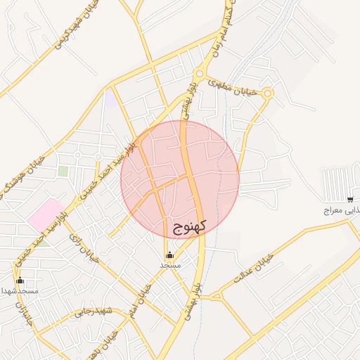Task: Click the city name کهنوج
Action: tap(189, 227)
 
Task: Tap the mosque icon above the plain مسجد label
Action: tap(169, 255)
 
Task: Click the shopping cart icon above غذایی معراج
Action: tap(350, 200)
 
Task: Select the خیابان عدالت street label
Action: tap(252, 269)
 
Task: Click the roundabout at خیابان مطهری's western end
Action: tap(200, 73)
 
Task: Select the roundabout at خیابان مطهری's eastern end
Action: tap(267, 93)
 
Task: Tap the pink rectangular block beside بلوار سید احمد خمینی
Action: tap(45, 214)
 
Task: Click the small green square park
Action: tap(63, 171)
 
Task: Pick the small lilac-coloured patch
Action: tap(110, 98)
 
